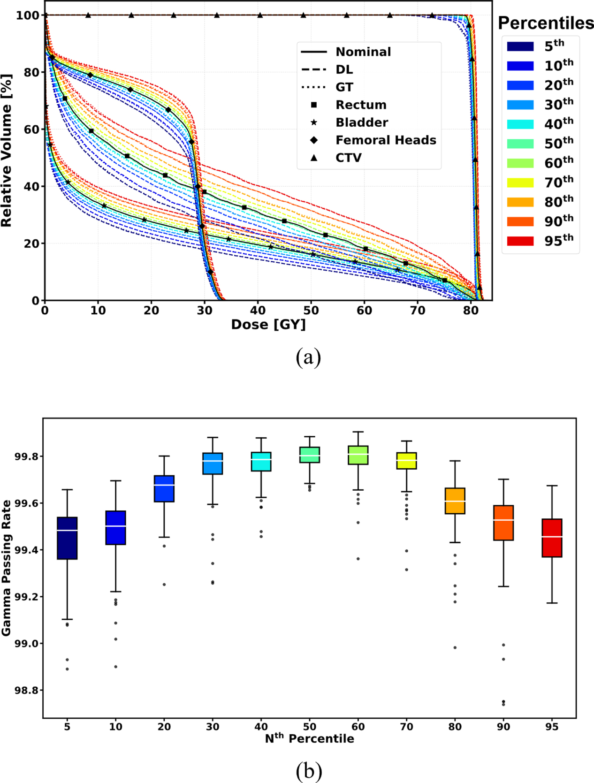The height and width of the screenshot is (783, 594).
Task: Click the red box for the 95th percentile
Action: coord(552,538)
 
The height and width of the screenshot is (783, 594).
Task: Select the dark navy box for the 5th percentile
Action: coord(67,538)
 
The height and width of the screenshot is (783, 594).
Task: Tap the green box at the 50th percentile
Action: coord(310,455)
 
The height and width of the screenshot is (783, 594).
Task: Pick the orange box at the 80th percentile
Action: coord(455,501)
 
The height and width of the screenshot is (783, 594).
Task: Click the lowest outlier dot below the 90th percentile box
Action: coord(503,704)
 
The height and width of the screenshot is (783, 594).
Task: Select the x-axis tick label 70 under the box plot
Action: coord(406,727)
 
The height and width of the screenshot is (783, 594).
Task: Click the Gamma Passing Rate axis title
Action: coord(6,568)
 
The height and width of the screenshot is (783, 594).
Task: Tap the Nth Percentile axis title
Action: coord(309,738)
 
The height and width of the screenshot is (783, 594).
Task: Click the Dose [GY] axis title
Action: coord(268,325)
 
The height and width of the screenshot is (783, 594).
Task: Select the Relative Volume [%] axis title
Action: coord(6,150)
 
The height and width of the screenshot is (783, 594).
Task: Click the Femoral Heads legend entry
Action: coord(386,140)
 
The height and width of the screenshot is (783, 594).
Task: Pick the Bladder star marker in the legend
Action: coord(314,122)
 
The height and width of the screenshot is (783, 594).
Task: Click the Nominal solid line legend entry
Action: coord(363,52)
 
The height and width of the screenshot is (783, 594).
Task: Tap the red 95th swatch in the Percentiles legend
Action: coord(520,241)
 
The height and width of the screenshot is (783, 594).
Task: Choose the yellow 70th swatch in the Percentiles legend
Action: coord(520,182)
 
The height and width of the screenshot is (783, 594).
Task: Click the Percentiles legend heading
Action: coord(546,23)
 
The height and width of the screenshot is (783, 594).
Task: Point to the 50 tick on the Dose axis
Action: coord(311,311)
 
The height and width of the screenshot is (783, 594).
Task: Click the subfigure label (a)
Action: coord(308,357)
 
